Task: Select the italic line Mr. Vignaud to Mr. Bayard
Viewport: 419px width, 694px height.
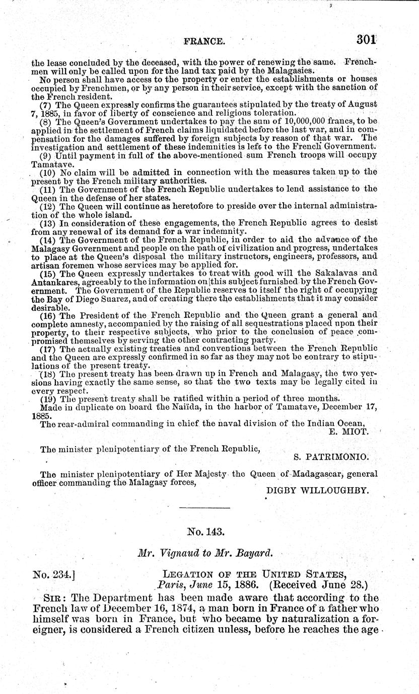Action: pyautogui.click(x=205, y=553)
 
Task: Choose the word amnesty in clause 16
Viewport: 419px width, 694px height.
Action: pyautogui.click(x=83, y=325)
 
